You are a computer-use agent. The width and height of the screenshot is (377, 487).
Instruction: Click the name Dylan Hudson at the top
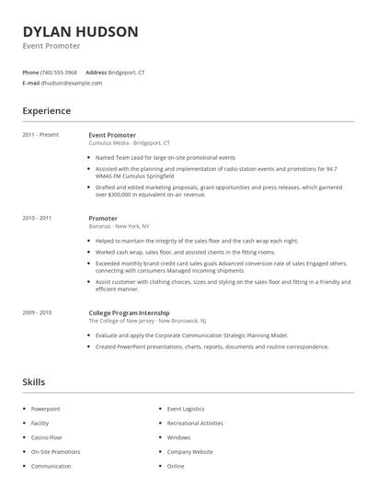[80, 31]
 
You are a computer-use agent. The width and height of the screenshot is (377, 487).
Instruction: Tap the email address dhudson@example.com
[71, 83]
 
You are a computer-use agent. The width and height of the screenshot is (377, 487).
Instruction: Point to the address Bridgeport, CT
[126, 72]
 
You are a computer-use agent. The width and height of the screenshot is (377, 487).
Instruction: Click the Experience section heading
[46, 111]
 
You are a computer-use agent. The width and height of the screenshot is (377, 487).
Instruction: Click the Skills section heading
[34, 381]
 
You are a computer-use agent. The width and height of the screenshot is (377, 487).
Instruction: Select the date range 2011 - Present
[40, 135]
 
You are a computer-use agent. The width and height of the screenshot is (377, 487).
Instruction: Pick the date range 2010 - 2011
[37, 218]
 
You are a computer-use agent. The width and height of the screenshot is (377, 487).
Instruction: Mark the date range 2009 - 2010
[37, 312]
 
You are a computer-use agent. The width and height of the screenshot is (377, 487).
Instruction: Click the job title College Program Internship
[129, 312]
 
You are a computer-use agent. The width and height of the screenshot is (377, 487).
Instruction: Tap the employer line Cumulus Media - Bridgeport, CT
[130, 143]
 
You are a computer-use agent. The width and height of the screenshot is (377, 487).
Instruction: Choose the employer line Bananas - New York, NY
[119, 226]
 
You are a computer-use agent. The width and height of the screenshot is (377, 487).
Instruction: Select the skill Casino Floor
[47, 437]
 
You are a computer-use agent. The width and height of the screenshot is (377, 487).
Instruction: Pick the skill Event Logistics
[187, 408]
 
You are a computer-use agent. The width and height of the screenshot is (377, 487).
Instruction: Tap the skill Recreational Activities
[195, 423]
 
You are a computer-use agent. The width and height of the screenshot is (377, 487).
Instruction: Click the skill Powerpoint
[45, 408]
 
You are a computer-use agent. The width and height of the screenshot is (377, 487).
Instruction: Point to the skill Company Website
[189, 452]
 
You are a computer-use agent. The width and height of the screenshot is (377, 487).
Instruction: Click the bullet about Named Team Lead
[166, 157]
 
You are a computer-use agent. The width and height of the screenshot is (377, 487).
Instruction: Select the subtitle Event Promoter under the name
[51, 46]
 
